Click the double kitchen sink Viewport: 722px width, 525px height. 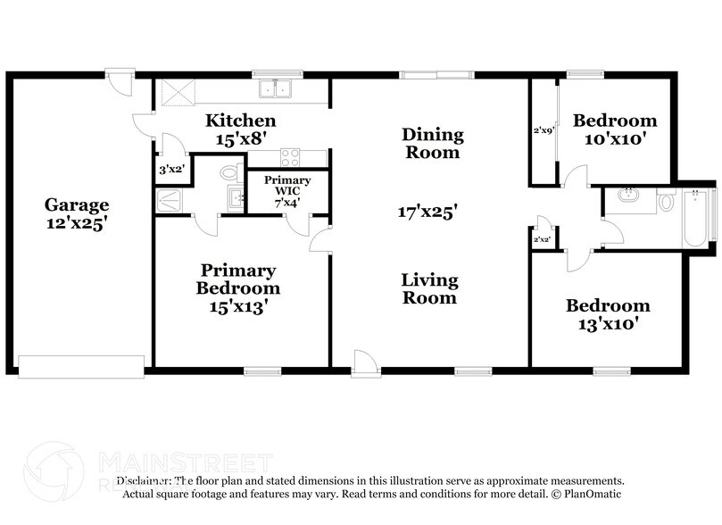(275, 88)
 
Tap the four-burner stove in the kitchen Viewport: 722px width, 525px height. (291, 158)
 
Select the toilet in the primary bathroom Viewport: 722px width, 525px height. (228, 171)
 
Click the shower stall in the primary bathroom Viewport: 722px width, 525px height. (170, 200)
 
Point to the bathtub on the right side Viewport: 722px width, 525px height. (696, 218)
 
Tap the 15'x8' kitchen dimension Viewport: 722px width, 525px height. (240, 139)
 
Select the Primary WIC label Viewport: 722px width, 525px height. (286, 186)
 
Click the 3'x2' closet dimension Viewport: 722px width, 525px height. (170, 169)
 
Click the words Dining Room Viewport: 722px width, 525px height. (432, 143)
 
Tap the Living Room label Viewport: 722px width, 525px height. (429, 289)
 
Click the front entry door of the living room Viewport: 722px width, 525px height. (364, 362)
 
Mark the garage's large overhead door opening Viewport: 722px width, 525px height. (81, 366)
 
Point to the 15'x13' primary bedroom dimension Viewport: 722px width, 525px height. (237, 306)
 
